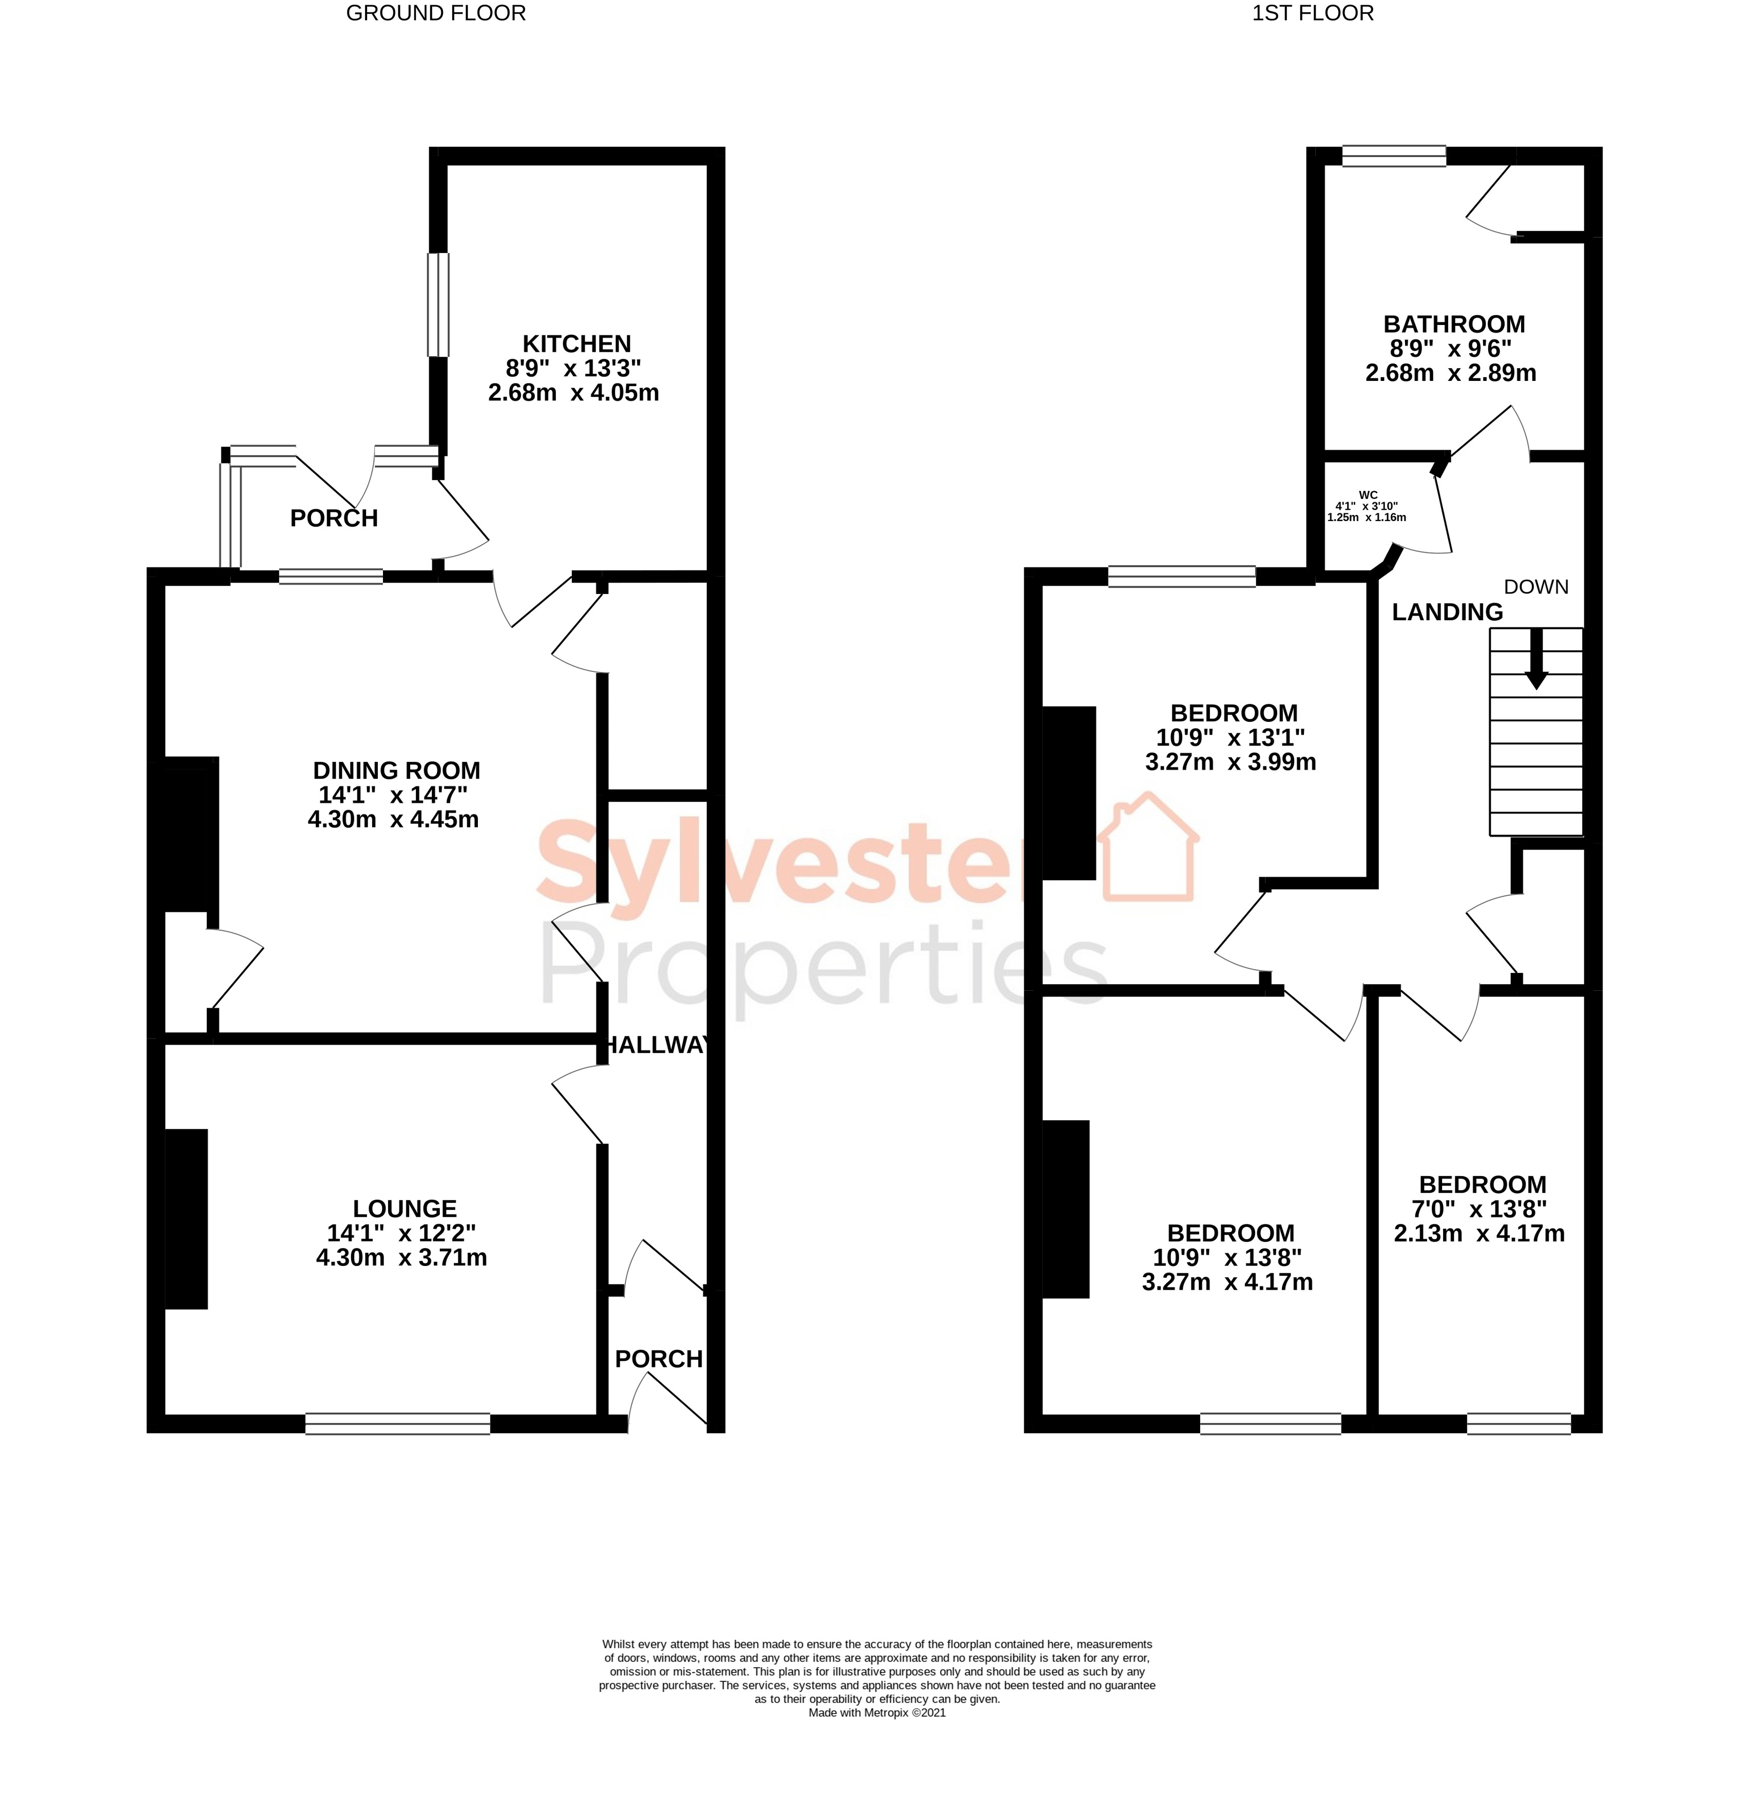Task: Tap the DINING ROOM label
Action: [x=396, y=771]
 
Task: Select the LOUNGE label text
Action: [x=405, y=1208]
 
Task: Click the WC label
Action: [x=1368, y=495]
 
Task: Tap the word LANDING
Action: [x=1447, y=612]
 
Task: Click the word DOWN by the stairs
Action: [x=1535, y=587]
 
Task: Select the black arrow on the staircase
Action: [x=1535, y=659]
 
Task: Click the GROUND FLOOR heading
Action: [x=436, y=13]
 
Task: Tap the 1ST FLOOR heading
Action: [x=1312, y=13]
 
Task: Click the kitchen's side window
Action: [x=438, y=304]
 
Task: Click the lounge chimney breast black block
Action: [x=186, y=1218]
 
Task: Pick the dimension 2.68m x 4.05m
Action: [x=573, y=393]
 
